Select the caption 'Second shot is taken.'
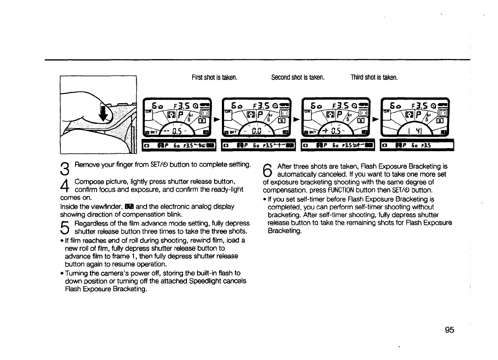(x=297, y=78)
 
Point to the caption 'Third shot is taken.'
(x=374, y=78)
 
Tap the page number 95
(x=450, y=330)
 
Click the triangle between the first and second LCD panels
(x=216, y=118)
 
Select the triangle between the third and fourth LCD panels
(x=375, y=118)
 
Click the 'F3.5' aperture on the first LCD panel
(x=181, y=106)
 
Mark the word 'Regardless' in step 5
(x=91, y=223)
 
